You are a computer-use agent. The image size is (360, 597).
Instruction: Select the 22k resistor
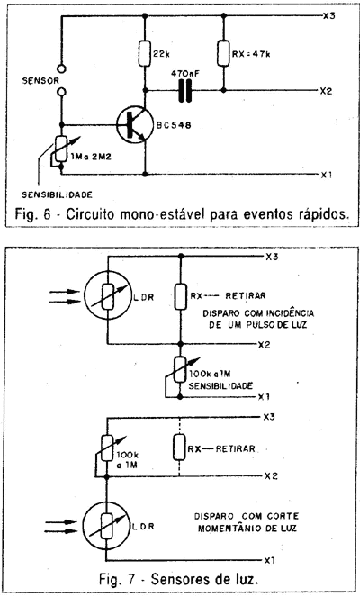coord(145,53)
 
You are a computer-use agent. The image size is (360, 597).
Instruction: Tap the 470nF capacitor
coord(184,91)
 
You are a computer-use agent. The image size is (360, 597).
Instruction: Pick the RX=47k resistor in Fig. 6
coord(224,53)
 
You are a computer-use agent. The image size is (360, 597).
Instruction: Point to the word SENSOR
coord(40,81)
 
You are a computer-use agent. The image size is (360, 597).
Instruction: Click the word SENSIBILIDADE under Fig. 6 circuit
coord(57,194)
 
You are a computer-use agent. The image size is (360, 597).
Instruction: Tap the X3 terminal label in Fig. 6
coord(328,16)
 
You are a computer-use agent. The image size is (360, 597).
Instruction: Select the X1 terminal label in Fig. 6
coord(327,176)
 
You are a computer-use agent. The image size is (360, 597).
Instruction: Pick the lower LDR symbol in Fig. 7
coord(107,526)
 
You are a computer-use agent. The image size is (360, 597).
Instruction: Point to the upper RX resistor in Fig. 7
coord(181,296)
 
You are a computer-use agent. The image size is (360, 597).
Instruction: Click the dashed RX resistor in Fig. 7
coord(179,448)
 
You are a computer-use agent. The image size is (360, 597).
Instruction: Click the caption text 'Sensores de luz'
coord(204,579)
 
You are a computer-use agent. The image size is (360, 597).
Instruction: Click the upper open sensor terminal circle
coord(61,69)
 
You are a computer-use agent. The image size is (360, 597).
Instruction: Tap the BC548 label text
coord(174,125)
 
